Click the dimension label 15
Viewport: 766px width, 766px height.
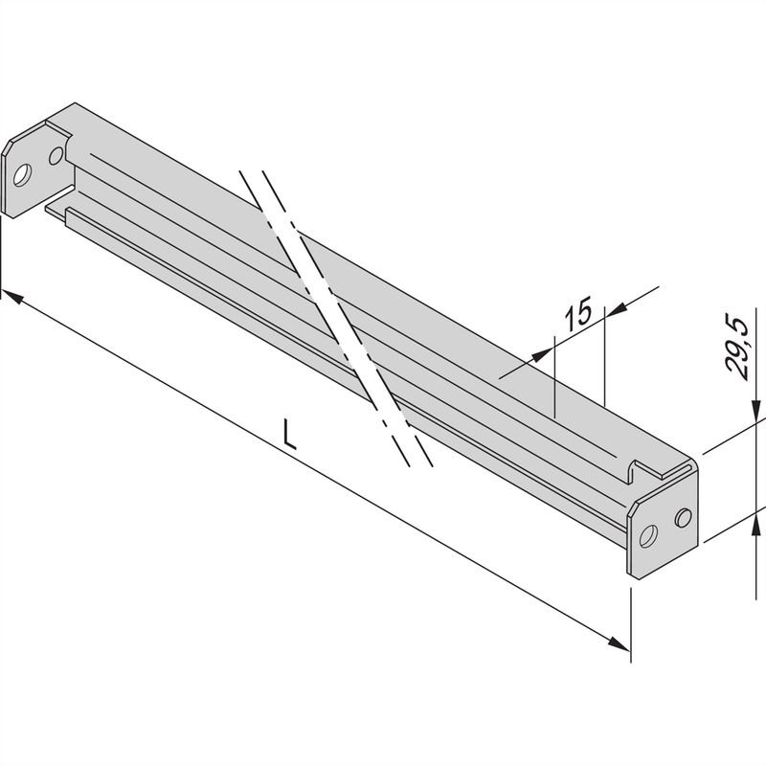coord(576,315)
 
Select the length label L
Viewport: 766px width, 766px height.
coord(290,435)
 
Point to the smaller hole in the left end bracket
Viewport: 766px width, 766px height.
coord(56,153)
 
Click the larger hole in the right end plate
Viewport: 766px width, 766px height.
coord(648,534)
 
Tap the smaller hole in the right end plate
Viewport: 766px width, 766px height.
coord(682,518)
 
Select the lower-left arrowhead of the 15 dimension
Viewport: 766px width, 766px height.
coord(546,352)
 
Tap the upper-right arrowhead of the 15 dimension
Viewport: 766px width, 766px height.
coord(616,308)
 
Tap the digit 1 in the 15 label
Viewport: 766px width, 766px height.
coord(568,317)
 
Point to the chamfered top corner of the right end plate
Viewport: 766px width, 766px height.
coord(633,505)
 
